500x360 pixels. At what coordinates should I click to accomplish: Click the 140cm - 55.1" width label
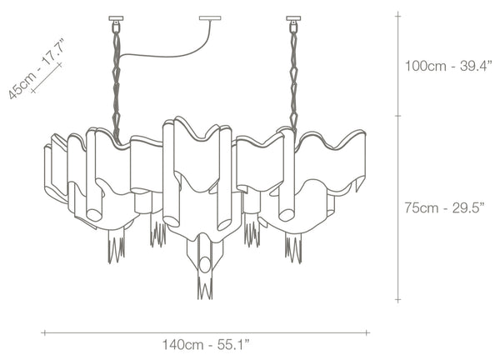click(x=206, y=345)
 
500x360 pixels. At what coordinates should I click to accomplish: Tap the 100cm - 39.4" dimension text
click(x=448, y=66)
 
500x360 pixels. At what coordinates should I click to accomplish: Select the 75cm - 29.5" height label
click(x=444, y=207)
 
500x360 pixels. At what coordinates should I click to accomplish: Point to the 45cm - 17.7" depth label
click(x=36, y=68)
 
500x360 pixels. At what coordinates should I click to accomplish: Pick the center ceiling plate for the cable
click(x=210, y=18)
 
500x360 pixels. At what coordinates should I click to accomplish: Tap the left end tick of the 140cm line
click(x=45, y=332)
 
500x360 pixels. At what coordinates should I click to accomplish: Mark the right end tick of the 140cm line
click(x=367, y=332)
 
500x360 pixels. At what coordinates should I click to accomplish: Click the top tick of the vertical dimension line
click(x=398, y=15)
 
